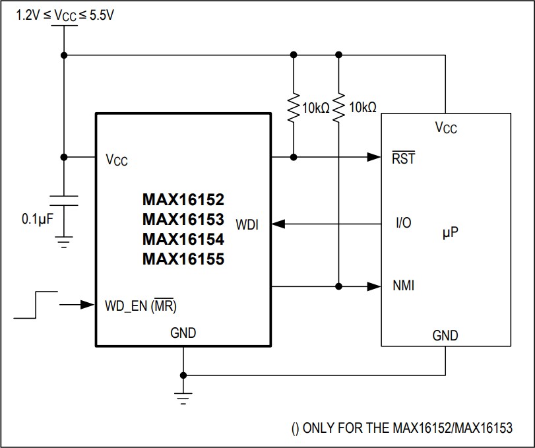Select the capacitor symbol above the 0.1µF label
click(x=64, y=200)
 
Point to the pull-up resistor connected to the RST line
click(x=293, y=108)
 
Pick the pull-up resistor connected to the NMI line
click(x=338, y=108)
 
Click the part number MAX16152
click(x=183, y=199)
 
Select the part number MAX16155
click(x=183, y=259)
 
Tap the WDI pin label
click(x=247, y=225)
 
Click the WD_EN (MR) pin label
click(x=141, y=306)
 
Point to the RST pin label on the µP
click(x=403, y=158)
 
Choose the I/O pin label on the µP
click(x=403, y=223)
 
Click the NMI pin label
click(x=404, y=286)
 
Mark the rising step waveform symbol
click(x=35, y=304)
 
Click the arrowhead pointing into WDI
click(x=278, y=224)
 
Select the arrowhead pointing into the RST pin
click(x=375, y=157)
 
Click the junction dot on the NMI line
click(x=338, y=286)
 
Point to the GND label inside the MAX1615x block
click(x=183, y=333)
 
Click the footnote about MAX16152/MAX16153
click(x=401, y=428)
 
